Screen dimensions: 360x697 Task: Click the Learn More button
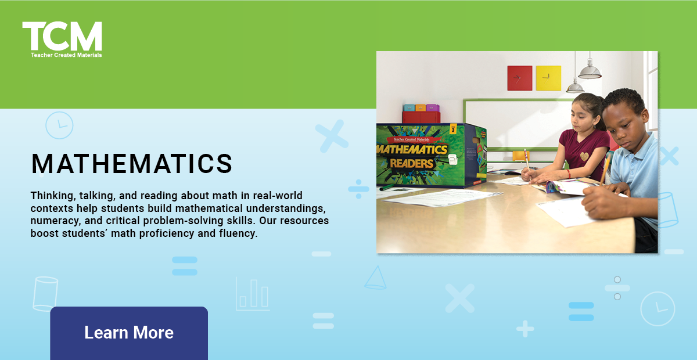coord(129,333)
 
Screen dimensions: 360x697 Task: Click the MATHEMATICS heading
coord(132,164)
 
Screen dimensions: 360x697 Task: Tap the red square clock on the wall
coord(519,78)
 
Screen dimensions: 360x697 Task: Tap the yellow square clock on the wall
coord(548,78)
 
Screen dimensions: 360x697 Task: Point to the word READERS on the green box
coord(411,163)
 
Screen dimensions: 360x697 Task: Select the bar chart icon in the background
coord(253,294)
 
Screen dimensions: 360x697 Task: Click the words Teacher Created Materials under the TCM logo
coord(66,55)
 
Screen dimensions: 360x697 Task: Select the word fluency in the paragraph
coord(236,234)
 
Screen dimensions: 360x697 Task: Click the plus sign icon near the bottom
coord(524,329)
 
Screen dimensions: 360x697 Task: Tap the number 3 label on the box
coord(452,129)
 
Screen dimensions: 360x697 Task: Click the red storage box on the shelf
coord(421,117)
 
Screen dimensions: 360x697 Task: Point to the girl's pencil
coord(527,159)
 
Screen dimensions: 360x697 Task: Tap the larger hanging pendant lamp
coord(590,71)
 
